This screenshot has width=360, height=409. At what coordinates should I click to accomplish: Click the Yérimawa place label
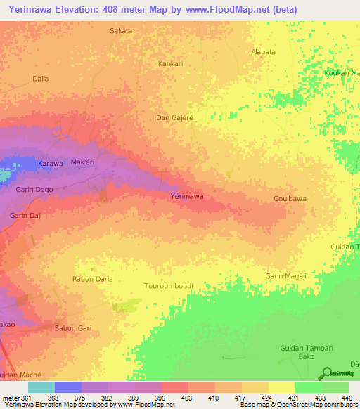click(x=187, y=197)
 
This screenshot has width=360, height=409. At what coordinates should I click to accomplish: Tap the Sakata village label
click(x=121, y=31)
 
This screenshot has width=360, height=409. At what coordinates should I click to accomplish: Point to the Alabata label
click(x=263, y=52)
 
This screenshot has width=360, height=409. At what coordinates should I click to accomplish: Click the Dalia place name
click(x=40, y=79)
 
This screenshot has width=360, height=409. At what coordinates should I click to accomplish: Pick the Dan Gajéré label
click(x=174, y=118)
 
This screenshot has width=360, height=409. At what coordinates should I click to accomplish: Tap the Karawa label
click(x=50, y=164)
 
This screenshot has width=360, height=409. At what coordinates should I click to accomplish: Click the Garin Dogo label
click(x=34, y=190)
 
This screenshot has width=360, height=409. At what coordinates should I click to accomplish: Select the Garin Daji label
click(x=25, y=215)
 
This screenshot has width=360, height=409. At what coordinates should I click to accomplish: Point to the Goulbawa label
click(x=289, y=199)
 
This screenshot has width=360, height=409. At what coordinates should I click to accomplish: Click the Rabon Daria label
click(x=92, y=279)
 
